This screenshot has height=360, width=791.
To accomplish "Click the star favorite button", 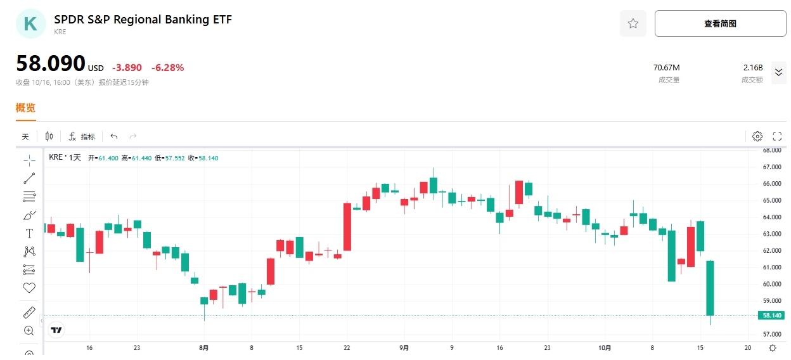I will (x=633, y=23).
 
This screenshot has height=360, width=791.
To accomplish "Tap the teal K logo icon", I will (x=30, y=24).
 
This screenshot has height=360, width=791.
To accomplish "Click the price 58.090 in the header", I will (x=51, y=63).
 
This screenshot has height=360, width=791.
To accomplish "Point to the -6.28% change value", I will (x=167, y=68).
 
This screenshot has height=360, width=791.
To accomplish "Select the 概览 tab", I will (x=25, y=108).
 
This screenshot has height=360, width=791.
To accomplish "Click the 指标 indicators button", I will (x=82, y=136).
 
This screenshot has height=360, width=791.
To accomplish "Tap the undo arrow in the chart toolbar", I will (x=114, y=136).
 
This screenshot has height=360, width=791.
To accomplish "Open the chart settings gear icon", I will (x=757, y=136).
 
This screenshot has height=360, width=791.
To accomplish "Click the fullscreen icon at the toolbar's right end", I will (x=777, y=136).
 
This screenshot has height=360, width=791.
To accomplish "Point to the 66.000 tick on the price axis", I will (x=771, y=184).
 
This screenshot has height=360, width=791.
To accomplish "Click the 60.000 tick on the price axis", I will (x=771, y=284).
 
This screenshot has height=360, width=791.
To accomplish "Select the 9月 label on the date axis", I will (x=404, y=347).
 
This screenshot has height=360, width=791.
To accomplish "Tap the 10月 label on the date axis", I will (x=605, y=347).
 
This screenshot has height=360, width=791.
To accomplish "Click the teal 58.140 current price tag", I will (x=771, y=315).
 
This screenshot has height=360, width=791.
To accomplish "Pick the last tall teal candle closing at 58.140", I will (x=711, y=288).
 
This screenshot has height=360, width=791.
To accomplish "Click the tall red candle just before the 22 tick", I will (x=347, y=227).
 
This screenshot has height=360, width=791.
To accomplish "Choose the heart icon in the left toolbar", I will (x=29, y=288).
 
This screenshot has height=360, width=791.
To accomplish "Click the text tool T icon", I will (x=29, y=233).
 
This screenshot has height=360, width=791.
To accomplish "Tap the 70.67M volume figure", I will (x=666, y=68).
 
